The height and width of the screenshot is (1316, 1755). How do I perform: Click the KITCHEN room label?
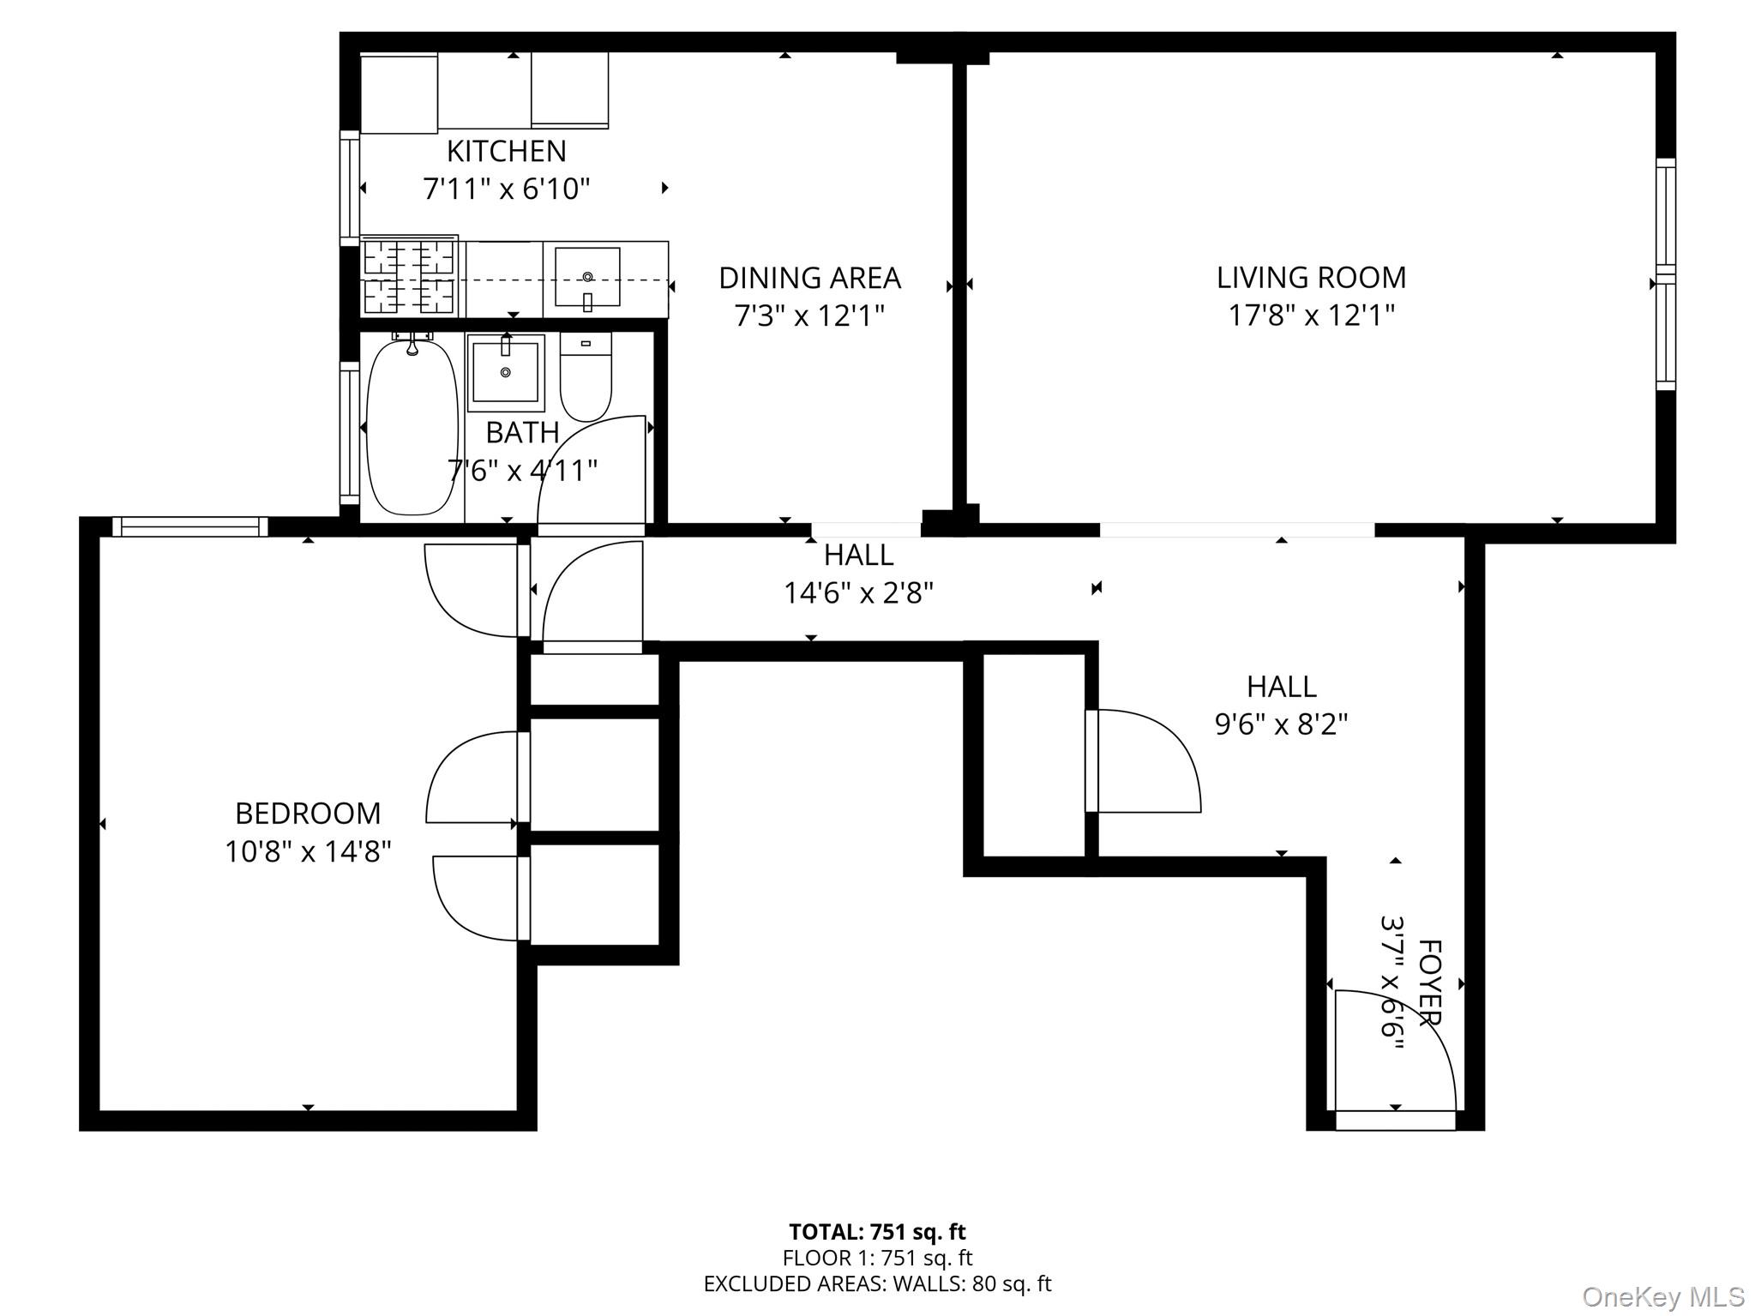[x=506, y=152]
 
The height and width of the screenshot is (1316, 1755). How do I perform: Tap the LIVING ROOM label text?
[x=1311, y=278]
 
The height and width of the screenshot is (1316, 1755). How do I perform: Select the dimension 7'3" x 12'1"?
[x=808, y=316]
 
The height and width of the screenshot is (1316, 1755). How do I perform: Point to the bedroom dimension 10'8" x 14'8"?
[x=308, y=851]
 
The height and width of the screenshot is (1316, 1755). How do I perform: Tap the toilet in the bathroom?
[x=586, y=377]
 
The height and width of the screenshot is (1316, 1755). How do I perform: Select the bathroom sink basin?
[x=506, y=372]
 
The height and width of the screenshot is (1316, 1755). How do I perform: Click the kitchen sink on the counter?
[x=587, y=277]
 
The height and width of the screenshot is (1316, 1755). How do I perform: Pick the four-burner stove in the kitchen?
[x=409, y=277]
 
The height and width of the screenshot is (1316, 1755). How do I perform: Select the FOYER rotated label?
[x=1429, y=982]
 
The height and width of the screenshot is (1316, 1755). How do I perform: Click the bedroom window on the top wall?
[x=190, y=526]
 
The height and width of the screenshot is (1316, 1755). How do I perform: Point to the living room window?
[x=1664, y=274]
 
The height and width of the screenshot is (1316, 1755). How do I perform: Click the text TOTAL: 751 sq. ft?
[x=877, y=1232]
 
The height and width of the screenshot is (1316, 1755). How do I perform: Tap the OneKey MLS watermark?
[x=1663, y=1296]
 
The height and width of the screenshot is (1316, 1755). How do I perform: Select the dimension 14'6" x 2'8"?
[x=858, y=592]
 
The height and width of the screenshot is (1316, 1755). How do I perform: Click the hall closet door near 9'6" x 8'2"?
[x=1145, y=760]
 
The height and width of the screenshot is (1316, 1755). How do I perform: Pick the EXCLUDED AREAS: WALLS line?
[x=877, y=1283]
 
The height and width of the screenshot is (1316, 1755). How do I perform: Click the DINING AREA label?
[x=809, y=278]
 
